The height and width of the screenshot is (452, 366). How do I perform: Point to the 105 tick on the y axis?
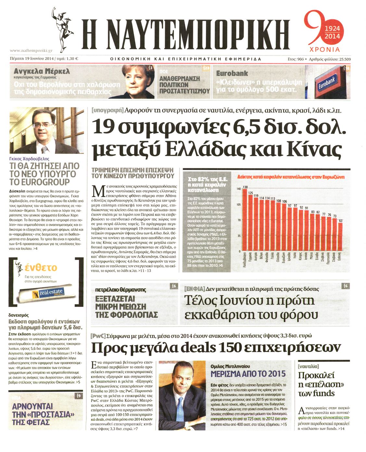[239, 204]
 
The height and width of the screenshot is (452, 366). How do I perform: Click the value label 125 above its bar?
[250, 193]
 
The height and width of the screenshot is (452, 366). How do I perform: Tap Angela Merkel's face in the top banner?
[135, 80]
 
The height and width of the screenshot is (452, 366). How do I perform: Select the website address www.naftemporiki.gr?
[31, 51]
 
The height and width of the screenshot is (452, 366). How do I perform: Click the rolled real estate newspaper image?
[45, 293]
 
